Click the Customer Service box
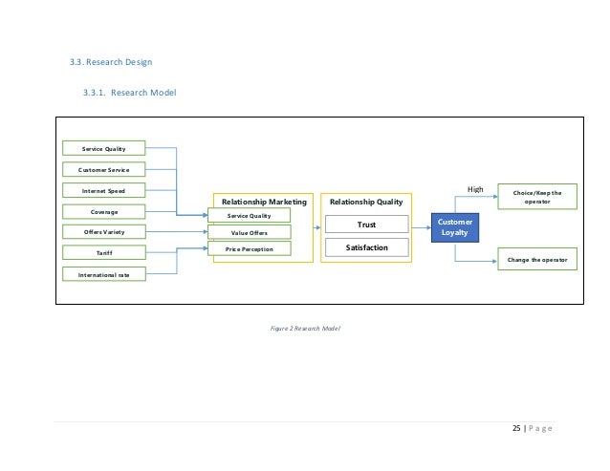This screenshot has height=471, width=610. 104,169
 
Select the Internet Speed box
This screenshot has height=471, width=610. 104,190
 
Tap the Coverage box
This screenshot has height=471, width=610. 104,211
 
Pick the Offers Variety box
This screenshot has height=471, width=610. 104,232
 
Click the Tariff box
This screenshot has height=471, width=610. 104,253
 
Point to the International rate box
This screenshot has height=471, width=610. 104,274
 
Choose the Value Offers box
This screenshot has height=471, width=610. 251,232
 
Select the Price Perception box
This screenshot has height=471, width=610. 251,248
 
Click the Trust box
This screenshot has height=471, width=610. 366,225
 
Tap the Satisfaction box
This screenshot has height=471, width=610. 366,246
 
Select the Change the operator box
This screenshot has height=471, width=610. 537,258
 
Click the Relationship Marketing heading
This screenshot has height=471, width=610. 264,202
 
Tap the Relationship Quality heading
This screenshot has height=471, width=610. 366,202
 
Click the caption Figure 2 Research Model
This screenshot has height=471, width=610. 305,328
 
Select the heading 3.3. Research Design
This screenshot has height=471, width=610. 111,63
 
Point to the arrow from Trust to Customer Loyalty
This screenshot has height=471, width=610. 420,225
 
